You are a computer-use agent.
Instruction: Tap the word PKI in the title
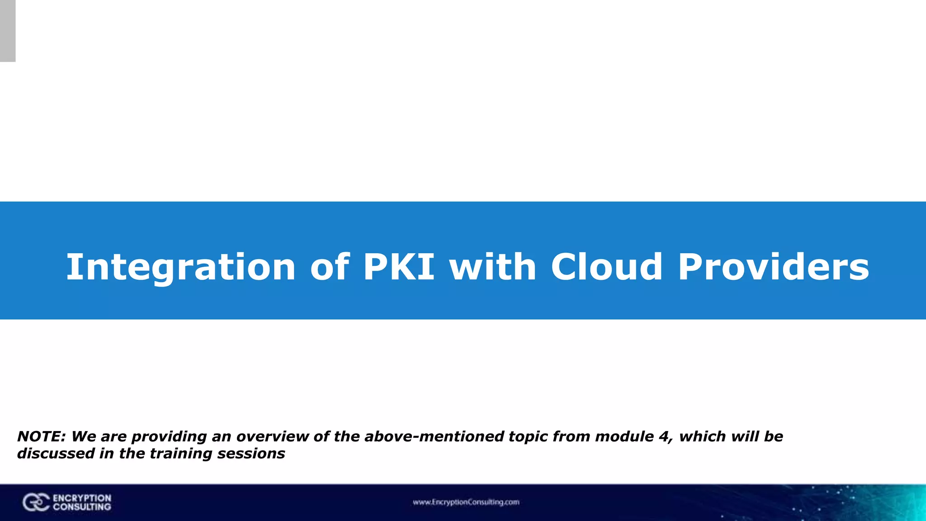[398, 267]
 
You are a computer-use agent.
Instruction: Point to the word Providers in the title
[773, 267]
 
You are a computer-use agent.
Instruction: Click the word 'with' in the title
[492, 267]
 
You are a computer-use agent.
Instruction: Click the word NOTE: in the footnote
[42, 436]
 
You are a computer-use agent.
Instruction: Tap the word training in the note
[181, 454]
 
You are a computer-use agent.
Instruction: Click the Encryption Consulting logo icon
[36, 502]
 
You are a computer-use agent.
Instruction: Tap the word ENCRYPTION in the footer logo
[82, 498]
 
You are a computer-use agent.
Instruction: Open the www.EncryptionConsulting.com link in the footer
[466, 502]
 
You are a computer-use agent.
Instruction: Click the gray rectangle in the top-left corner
[8, 31]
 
